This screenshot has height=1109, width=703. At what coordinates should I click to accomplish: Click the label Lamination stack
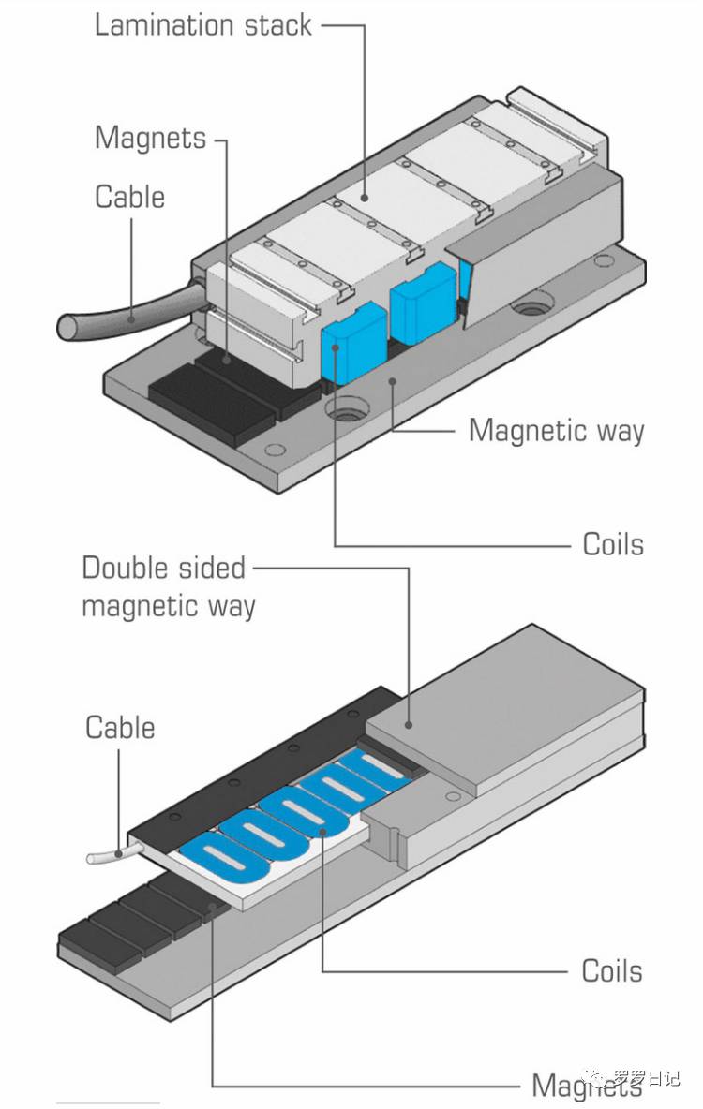click(x=203, y=24)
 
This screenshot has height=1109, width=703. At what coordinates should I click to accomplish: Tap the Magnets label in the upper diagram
click(x=150, y=139)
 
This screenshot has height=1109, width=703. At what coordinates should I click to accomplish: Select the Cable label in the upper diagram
click(x=129, y=198)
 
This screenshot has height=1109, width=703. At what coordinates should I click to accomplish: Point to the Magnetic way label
click(x=556, y=431)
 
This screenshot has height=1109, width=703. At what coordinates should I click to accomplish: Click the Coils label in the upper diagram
click(x=613, y=544)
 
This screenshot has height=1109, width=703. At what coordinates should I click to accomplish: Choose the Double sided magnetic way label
click(x=169, y=586)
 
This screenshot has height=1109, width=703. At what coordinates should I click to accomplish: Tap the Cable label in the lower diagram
click(x=120, y=728)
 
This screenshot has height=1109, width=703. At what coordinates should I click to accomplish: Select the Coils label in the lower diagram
click(x=612, y=970)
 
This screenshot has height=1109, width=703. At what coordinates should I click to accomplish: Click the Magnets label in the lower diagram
click(x=586, y=1086)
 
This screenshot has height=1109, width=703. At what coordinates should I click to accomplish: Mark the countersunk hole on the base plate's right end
click(x=532, y=304)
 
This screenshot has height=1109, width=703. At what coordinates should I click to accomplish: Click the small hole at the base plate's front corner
click(x=274, y=451)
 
